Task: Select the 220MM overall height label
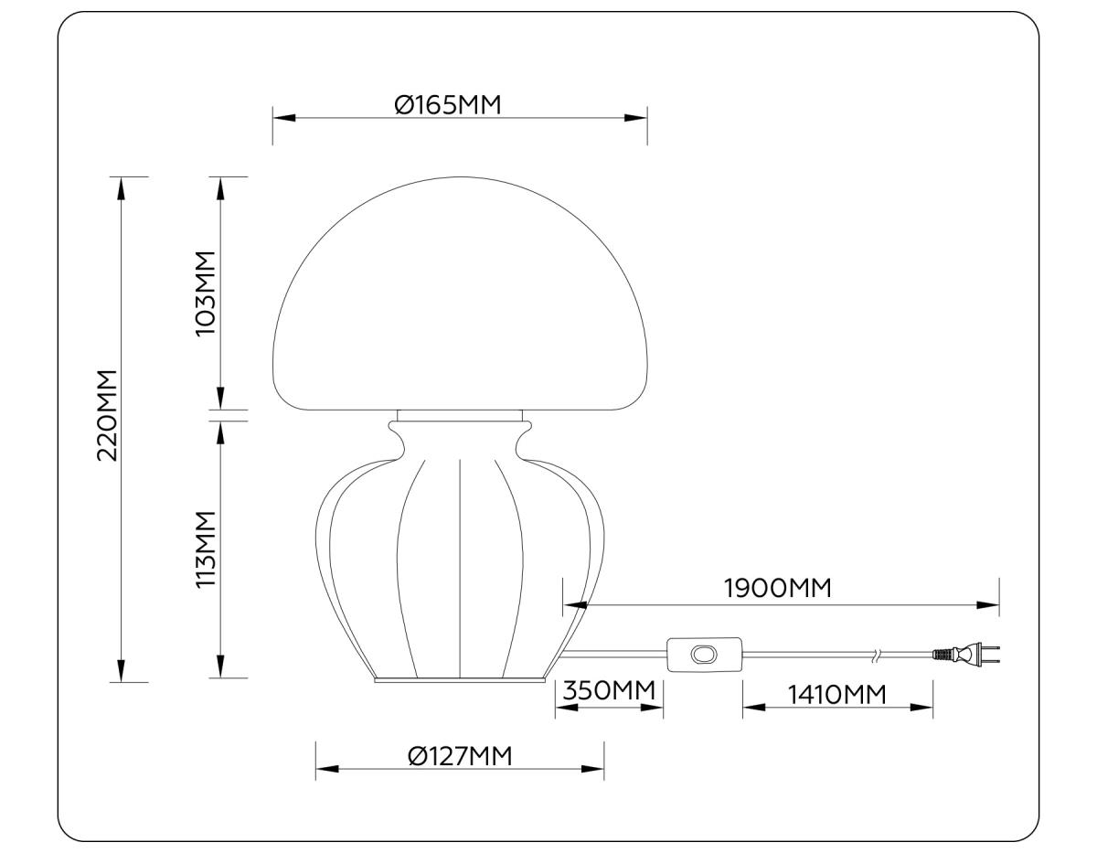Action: tap(108, 416)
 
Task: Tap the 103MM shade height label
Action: tap(206, 293)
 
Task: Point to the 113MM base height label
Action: tap(206, 549)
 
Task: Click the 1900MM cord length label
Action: tap(778, 588)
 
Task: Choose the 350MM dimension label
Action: tap(609, 689)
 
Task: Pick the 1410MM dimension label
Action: tap(837, 694)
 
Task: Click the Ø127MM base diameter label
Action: tap(459, 756)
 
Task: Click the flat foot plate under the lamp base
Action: tap(461, 680)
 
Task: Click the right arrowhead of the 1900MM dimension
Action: tap(987, 604)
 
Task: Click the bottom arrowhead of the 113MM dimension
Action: tap(219, 666)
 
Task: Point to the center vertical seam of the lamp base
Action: tap(458, 567)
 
